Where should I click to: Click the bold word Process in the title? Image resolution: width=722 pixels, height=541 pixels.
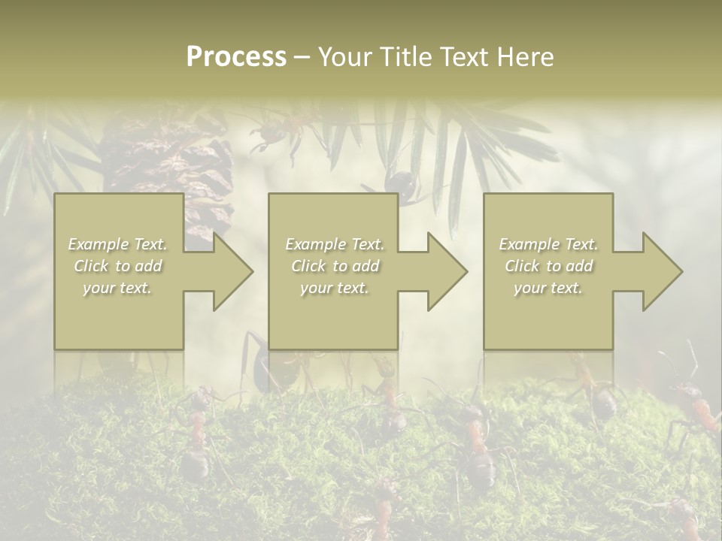[236, 57]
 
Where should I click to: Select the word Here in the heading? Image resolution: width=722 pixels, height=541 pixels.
[526, 57]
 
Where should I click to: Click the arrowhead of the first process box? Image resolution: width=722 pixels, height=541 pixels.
[230, 271]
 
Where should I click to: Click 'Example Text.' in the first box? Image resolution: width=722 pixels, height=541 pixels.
[118, 244]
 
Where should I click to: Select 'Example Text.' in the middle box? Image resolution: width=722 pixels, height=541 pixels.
[335, 244]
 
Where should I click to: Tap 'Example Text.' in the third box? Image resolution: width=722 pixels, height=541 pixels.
[548, 244]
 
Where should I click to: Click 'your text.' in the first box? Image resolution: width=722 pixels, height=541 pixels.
[118, 288]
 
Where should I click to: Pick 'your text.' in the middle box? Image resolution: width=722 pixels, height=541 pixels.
[335, 288]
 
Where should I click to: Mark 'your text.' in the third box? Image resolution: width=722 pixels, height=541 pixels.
[548, 288]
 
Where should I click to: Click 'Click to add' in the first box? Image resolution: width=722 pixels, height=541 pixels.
[118, 266]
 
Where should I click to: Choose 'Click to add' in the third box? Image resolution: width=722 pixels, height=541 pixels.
[548, 266]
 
